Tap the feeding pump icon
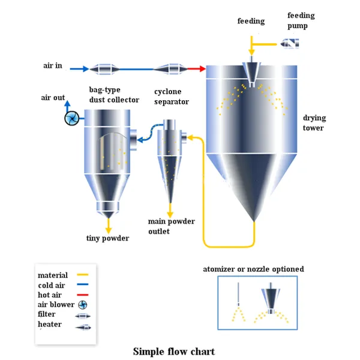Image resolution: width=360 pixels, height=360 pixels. point(289,43)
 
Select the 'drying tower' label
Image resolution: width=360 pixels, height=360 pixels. point(313,123)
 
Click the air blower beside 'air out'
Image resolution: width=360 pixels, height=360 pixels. point(71,118)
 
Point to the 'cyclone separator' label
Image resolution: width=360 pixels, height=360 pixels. point(171,97)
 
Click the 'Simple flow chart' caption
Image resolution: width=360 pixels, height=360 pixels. point(173,351)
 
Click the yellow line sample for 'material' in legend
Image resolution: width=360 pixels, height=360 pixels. point(82,275)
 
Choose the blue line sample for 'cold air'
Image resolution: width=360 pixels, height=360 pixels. point(82,285)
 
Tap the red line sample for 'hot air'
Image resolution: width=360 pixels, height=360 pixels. point(82,295)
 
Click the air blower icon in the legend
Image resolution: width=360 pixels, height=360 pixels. point(82,305)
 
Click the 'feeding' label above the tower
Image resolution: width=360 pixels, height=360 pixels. point(251,22)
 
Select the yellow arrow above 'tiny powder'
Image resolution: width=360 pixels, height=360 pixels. point(109,225)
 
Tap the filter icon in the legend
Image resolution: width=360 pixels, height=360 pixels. point(82,315)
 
